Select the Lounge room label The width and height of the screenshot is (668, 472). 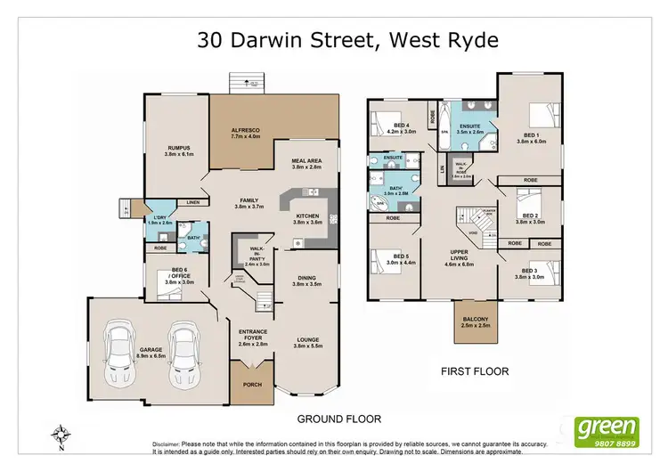(307, 341)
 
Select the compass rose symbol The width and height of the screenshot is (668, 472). (61, 435)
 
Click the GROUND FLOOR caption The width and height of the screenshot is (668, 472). (339, 418)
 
